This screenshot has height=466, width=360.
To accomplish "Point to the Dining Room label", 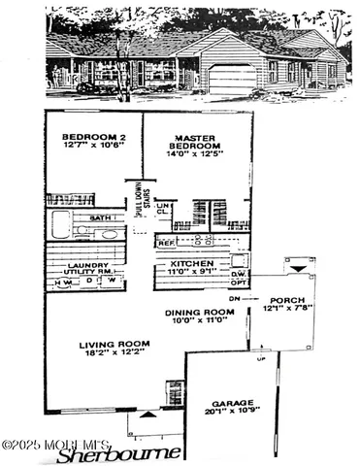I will click(x=199, y=312).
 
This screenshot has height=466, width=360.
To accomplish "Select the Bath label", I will click(x=100, y=218).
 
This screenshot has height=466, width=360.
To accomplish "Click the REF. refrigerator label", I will click(x=166, y=242).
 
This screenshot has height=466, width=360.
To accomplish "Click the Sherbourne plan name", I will click(x=118, y=453).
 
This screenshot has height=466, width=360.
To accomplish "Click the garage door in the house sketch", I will click(x=232, y=79).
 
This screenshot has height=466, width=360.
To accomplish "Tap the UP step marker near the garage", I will click(x=259, y=359).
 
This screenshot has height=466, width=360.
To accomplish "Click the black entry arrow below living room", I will click(x=147, y=414).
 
